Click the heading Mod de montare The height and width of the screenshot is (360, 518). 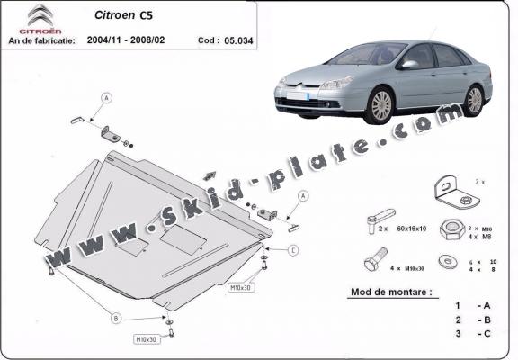386,293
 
